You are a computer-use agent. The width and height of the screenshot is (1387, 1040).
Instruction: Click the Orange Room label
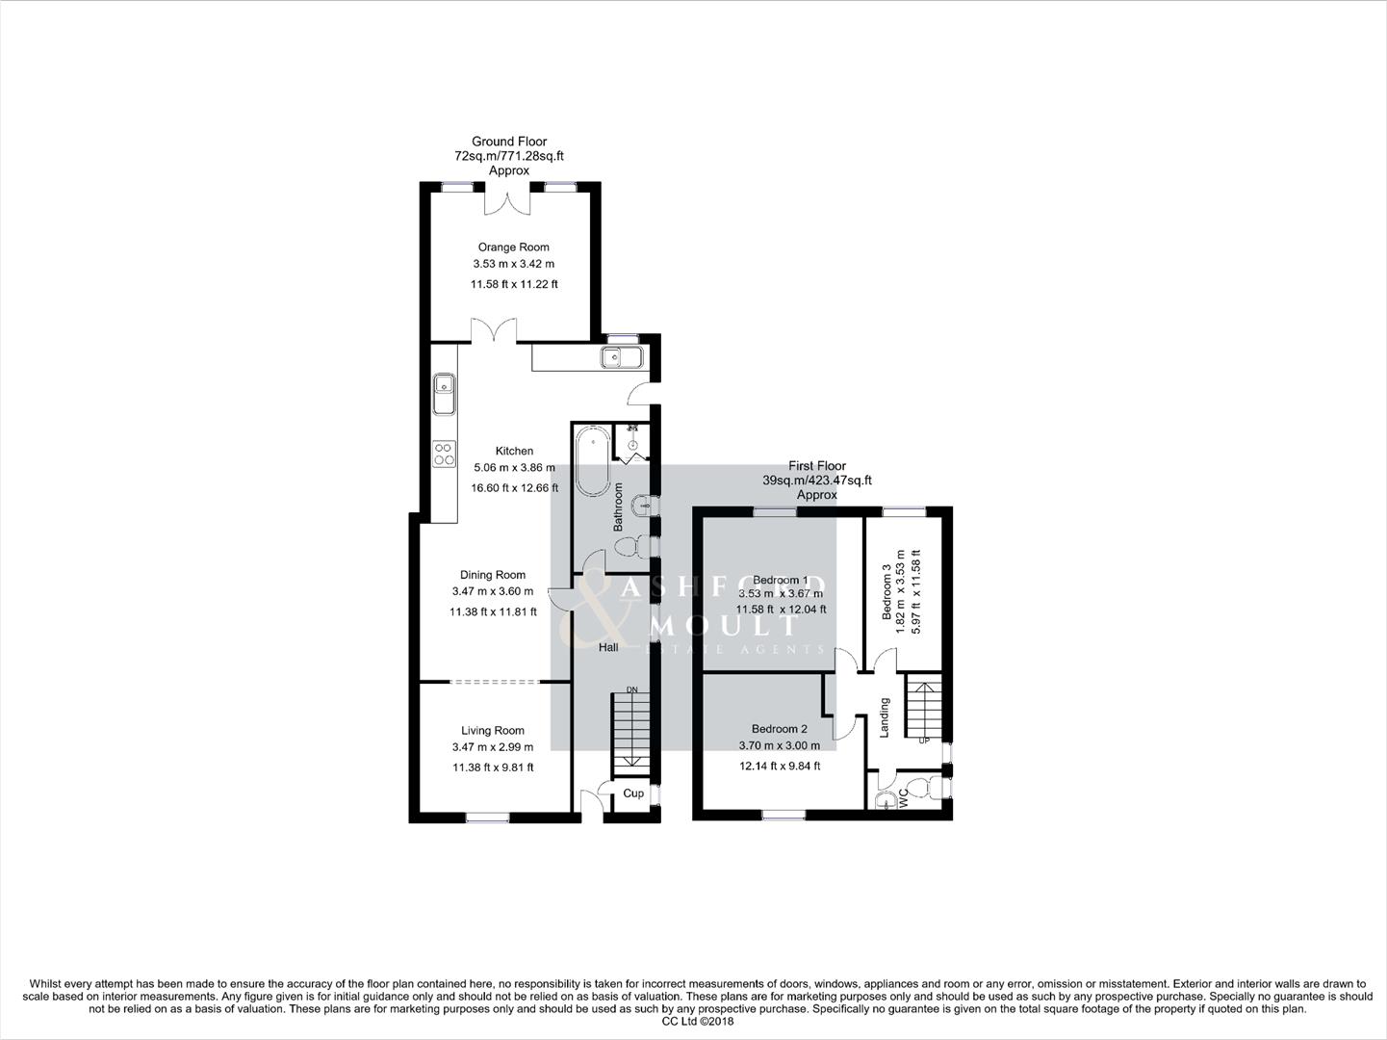[x=513, y=247]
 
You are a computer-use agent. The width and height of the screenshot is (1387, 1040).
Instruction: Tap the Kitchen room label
[x=514, y=451]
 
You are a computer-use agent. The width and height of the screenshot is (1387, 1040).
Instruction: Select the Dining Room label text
[x=493, y=575]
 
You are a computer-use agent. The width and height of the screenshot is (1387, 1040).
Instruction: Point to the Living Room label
[x=492, y=731]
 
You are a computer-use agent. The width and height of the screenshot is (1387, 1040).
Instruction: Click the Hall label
[x=608, y=648]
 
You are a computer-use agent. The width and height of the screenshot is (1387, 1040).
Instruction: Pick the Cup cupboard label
[x=633, y=793]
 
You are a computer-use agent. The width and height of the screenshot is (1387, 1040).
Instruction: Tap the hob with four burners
[x=444, y=454]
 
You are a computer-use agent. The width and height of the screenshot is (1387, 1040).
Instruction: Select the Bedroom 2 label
[x=779, y=729]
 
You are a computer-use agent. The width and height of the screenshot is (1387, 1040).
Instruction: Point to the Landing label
[x=885, y=718]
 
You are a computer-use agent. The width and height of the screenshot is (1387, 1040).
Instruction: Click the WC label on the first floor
[x=903, y=798]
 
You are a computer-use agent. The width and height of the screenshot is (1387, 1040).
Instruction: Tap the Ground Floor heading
[x=509, y=142]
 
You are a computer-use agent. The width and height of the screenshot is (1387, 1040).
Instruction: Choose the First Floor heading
[x=817, y=466]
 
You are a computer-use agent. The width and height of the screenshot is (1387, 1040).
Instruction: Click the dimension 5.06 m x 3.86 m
[x=514, y=468]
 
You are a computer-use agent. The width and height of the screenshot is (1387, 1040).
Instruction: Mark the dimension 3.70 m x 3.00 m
[x=779, y=745]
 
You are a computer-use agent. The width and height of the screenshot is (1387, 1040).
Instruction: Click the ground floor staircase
[x=631, y=731]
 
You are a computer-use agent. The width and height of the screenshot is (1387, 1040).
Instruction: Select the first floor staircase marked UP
[x=923, y=710]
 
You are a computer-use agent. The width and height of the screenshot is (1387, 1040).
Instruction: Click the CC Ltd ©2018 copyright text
[x=693, y=1022]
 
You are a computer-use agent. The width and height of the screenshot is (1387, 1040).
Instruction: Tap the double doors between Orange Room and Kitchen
[x=494, y=330]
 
